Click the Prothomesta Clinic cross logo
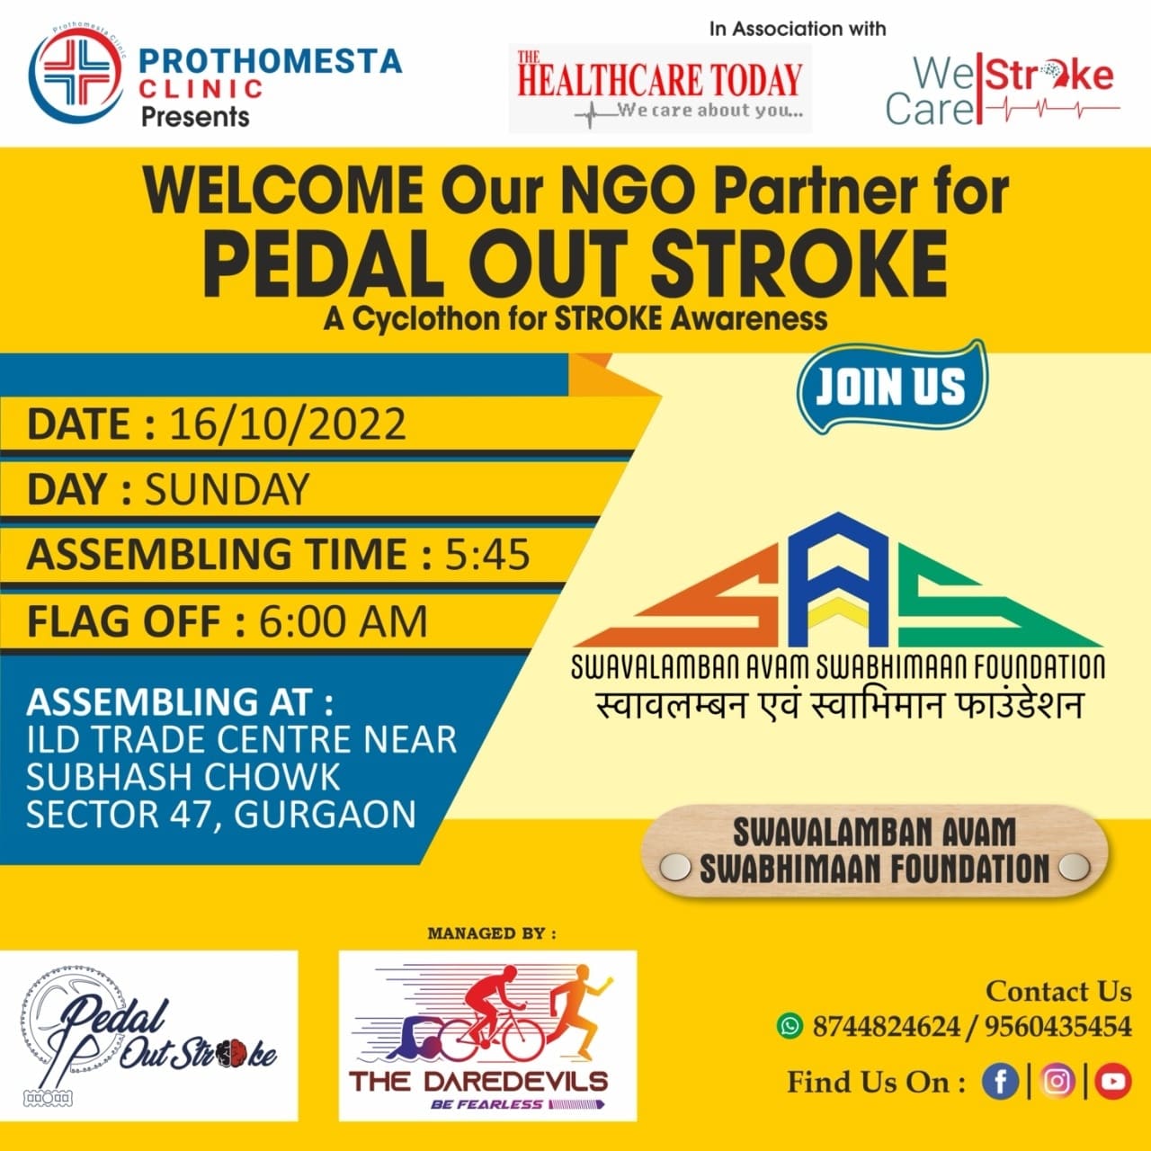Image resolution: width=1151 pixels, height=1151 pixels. click(x=76, y=76)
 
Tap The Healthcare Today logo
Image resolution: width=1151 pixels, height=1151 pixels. click(x=660, y=88)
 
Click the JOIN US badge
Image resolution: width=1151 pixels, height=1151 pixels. click(x=891, y=386)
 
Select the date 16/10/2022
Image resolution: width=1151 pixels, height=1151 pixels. click(x=288, y=424)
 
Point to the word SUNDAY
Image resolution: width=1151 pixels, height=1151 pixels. click(x=227, y=489)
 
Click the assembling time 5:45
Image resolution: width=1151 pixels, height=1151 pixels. click(x=486, y=554)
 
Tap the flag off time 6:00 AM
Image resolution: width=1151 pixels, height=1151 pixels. click(x=343, y=621)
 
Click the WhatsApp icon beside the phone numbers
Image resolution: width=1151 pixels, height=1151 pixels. click(x=790, y=1026)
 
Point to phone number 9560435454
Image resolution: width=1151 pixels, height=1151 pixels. click(x=1057, y=1027)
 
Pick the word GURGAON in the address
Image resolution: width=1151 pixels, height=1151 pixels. click(x=325, y=814)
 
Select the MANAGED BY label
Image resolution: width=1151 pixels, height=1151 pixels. click(x=492, y=933)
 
